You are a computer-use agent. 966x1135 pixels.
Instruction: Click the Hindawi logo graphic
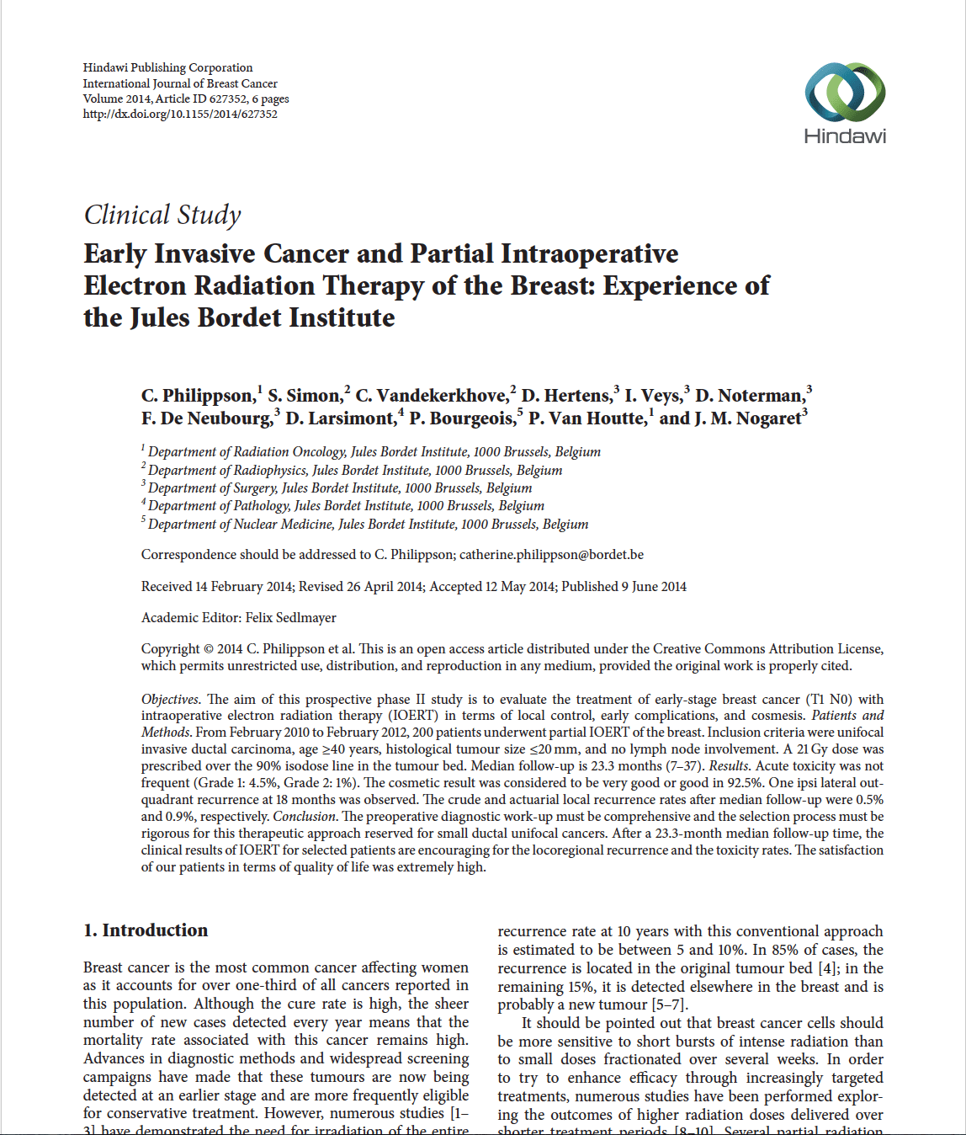[x=845, y=92]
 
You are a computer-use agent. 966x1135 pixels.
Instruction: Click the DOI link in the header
[x=180, y=115]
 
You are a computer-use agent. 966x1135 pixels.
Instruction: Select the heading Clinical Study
[x=162, y=216]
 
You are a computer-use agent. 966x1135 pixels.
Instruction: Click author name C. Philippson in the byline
[x=198, y=396]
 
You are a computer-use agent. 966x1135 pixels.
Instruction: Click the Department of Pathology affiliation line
[x=346, y=506]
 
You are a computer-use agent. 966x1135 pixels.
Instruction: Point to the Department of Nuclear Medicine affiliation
[x=368, y=525]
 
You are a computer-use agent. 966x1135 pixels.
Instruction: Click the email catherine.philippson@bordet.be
[x=551, y=555]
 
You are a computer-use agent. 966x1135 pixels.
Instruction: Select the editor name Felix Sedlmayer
[x=291, y=618]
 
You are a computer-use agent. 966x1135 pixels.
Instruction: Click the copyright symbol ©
[x=208, y=649]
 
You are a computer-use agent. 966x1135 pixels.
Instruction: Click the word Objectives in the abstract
[x=169, y=700]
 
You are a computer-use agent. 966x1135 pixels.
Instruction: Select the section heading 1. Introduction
[x=146, y=930]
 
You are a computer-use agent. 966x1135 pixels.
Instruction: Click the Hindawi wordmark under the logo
[x=845, y=136]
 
